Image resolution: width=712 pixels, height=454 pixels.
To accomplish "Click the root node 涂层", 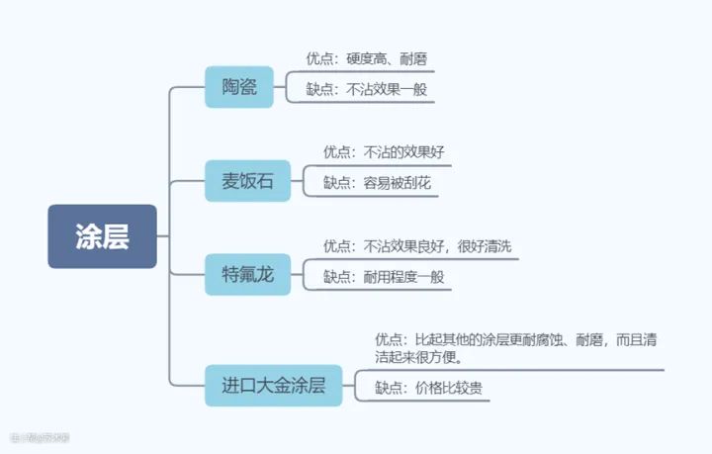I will point(102,236).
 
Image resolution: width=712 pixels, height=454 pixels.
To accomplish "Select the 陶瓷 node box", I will point(238,87).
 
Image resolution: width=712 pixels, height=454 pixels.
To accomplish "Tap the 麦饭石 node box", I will point(247,181).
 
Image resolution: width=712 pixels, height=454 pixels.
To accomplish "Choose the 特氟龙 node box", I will point(247,273).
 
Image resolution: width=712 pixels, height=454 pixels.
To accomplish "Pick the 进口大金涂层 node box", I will point(273,385).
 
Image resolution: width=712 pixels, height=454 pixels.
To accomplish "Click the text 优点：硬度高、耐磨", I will point(366,60).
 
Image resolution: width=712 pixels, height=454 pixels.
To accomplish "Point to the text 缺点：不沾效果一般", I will point(366,90).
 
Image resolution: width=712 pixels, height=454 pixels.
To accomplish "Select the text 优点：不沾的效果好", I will point(384,152).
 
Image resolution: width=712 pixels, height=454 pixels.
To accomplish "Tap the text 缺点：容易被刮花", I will point(377,183).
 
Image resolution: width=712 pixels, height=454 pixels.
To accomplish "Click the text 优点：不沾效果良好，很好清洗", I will point(417,245).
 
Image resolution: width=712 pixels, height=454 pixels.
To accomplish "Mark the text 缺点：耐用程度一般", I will point(384,277).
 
